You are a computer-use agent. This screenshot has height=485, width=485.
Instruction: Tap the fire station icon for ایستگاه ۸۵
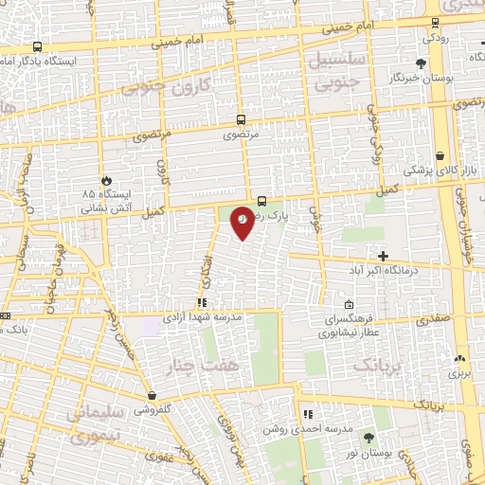tap(105, 180)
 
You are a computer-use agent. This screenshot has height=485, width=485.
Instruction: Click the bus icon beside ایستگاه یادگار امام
tap(37, 46)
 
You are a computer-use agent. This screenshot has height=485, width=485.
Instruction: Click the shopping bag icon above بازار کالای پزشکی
tap(440, 156)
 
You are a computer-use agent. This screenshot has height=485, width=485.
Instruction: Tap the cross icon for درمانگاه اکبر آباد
tap(383, 256)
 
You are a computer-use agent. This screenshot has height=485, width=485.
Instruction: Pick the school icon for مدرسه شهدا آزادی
tap(202, 303)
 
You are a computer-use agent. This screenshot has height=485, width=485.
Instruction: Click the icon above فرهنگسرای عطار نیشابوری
tap(350, 305)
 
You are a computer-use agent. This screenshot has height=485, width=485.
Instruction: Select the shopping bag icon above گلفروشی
tap(153, 396)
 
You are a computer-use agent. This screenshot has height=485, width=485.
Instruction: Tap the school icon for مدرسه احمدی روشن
tap(307, 414)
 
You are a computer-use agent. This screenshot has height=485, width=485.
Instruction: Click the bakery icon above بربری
tap(460, 359)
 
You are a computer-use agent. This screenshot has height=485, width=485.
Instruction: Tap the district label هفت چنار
tap(191, 366)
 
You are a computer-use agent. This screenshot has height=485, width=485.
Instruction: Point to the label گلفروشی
tap(152, 410)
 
